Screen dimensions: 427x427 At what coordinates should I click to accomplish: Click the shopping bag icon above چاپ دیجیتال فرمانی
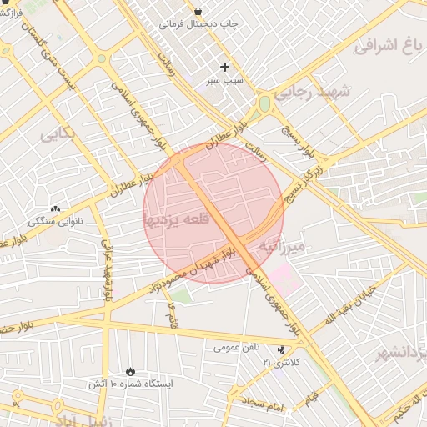(198, 11)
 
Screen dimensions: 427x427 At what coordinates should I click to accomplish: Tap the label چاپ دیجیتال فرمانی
(199, 24)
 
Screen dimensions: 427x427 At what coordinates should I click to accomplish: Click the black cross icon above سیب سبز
(224, 67)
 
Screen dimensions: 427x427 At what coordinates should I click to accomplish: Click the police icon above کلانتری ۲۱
(280, 349)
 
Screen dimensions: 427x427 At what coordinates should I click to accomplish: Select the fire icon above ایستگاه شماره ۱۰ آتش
(130, 370)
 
